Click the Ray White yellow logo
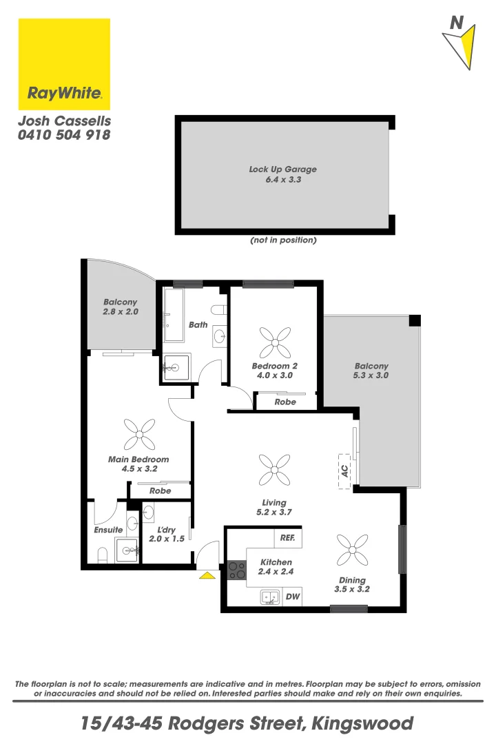pyautogui.click(x=64, y=64)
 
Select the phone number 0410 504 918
pyautogui.click(x=64, y=135)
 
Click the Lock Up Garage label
pyautogui.click(x=283, y=174)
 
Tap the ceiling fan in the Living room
pyautogui.click(x=273, y=471)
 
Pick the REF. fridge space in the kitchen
pyautogui.click(x=287, y=537)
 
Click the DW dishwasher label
pyautogui.click(x=291, y=597)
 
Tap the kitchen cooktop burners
pyautogui.click(x=236, y=570)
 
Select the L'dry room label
pyautogui.click(x=166, y=534)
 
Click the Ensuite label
pyautogui.click(x=108, y=530)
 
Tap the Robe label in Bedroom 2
pyautogui.click(x=285, y=402)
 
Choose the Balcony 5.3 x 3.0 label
pyautogui.click(x=371, y=371)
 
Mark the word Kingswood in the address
pyautogui.click(x=362, y=723)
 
